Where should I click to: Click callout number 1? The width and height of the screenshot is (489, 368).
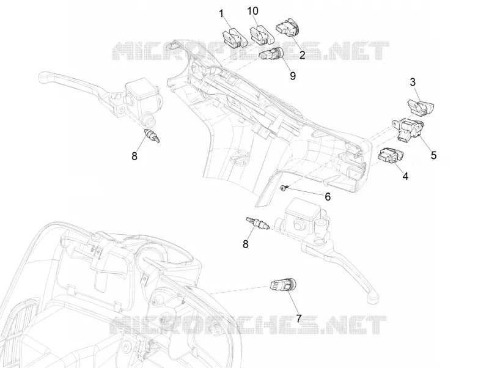(x=221, y=14)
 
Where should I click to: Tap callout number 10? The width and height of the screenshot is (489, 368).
(x=253, y=11)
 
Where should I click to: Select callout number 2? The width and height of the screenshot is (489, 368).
(x=302, y=55)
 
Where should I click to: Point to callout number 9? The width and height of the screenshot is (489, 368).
(x=293, y=75)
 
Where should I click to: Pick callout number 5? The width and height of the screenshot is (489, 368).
(x=434, y=155)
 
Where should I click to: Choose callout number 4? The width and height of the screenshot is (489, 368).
(x=405, y=176)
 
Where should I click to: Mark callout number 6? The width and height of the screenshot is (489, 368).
(x=328, y=197)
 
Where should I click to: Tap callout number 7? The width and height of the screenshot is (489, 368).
(x=299, y=318)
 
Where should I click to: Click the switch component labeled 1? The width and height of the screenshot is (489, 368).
(x=234, y=39)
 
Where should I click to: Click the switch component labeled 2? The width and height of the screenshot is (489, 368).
(x=287, y=28)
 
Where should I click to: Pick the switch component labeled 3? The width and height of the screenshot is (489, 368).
(x=421, y=107)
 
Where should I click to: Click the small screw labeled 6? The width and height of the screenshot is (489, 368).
(x=284, y=188)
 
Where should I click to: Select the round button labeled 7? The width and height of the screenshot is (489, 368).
(x=283, y=285)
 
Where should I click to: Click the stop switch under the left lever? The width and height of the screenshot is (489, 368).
(x=152, y=136)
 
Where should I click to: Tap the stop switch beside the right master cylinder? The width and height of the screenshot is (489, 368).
(x=256, y=223)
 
